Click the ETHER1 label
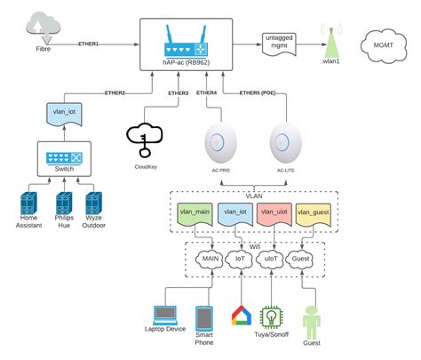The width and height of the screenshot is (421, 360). point(89,43)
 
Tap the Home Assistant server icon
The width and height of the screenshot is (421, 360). point(31,203)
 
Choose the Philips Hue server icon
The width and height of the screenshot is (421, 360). point(63,203)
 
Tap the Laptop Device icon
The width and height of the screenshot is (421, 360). point(166,316)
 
